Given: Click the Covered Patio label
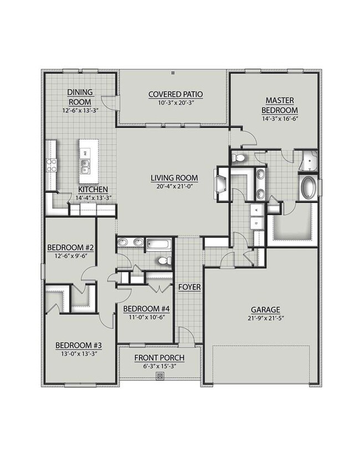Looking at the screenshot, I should click(174, 94).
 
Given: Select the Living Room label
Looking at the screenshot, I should click(174, 178).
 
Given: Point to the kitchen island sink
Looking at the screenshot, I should click(85, 163).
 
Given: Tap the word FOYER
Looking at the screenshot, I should click(189, 287).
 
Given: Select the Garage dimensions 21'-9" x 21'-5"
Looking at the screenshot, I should click(264, 319).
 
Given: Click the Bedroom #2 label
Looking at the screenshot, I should click(70, 247).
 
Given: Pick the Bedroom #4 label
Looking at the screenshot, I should click(146, 308).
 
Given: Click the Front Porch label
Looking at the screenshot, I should click(160, 358).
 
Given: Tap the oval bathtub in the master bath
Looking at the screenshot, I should click(306, 188).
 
